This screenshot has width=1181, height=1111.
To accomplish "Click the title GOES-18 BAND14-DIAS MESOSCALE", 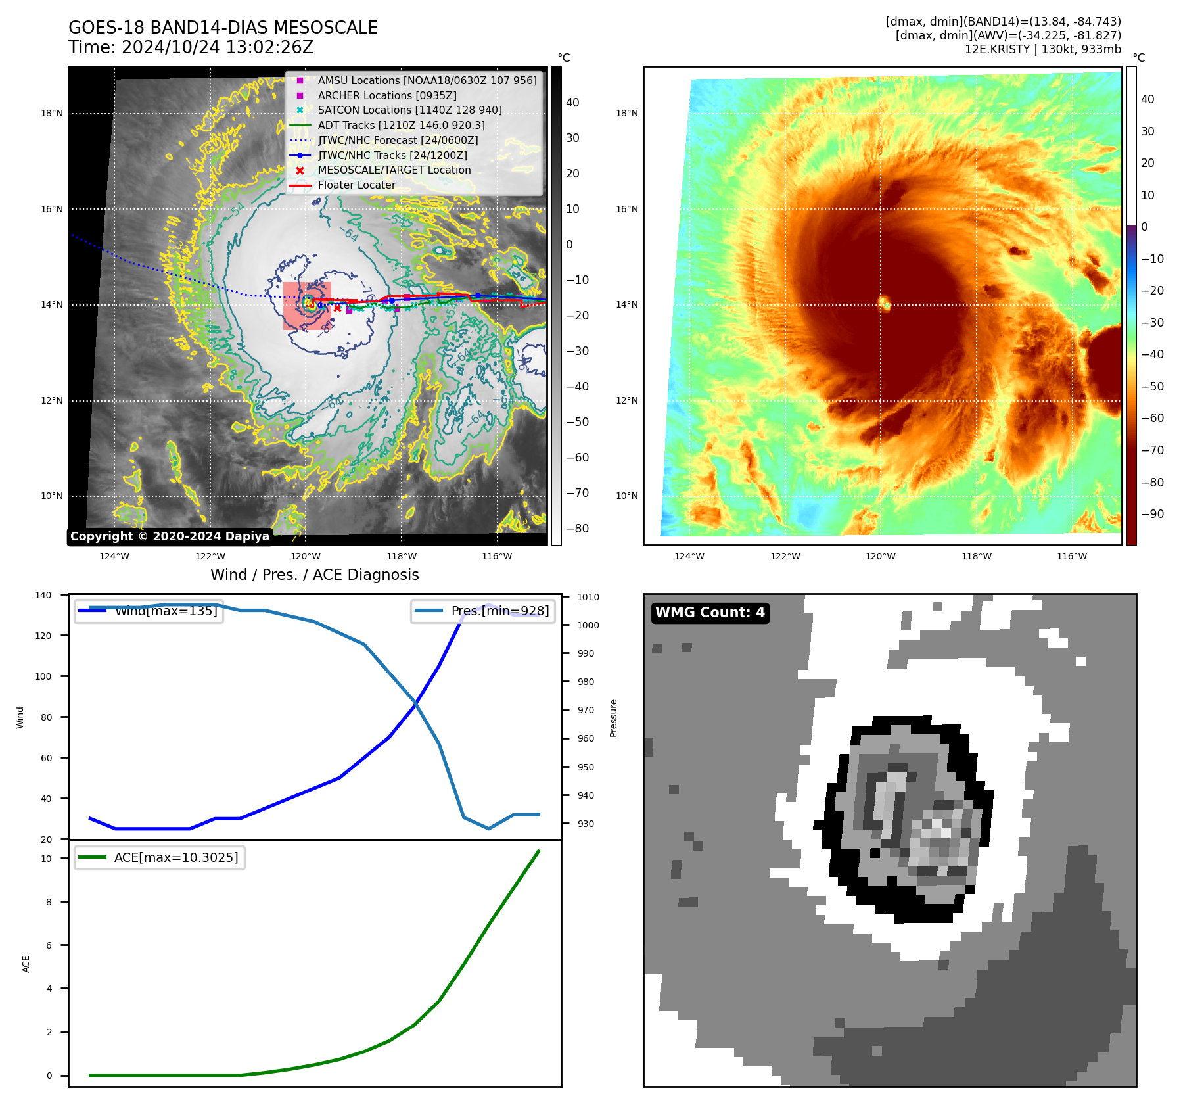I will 223,28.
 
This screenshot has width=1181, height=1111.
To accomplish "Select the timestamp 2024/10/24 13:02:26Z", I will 218,47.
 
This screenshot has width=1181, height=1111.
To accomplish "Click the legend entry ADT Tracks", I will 401,125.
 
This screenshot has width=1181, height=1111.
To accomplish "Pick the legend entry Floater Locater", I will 356,185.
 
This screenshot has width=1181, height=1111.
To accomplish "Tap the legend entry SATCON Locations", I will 409,110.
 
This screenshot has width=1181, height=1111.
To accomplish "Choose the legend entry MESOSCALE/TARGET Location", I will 394,170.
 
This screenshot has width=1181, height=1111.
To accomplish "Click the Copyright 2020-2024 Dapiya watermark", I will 170,536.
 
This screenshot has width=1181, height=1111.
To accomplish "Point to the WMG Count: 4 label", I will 710,613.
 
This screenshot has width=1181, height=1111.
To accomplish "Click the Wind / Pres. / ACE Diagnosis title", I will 314,575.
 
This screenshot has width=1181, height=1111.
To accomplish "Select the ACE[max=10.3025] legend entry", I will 175,857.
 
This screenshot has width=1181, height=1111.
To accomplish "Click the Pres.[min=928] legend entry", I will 499,611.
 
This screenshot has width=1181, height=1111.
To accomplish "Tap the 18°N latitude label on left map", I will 52,113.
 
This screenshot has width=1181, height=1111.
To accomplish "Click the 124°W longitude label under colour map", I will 689,556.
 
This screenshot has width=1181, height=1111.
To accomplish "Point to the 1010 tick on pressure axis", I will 588,597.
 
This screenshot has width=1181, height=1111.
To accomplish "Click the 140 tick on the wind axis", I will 43,595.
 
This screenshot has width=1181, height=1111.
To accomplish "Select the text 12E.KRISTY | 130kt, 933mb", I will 1042,49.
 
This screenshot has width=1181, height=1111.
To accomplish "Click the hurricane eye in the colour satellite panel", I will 885,303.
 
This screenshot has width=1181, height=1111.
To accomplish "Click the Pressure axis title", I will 613,718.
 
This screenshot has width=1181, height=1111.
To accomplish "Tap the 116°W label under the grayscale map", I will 497,556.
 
